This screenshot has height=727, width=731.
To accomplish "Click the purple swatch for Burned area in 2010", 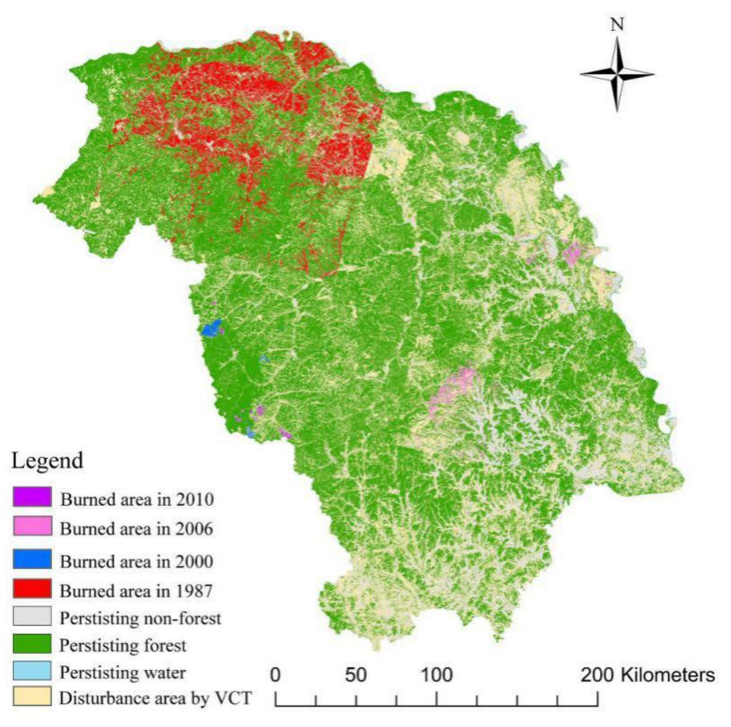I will (32, 497).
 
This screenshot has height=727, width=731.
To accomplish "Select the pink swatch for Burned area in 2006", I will (32, 526).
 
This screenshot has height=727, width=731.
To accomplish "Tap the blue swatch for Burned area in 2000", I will (32, 559).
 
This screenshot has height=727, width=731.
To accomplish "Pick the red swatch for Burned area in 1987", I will (32, 588).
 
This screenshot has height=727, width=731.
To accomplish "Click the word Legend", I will (47, 461).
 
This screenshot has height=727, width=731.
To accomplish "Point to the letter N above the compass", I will (617, 24).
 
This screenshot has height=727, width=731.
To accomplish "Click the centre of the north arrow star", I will (617, 74).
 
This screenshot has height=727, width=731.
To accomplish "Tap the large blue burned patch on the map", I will (211, 328).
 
